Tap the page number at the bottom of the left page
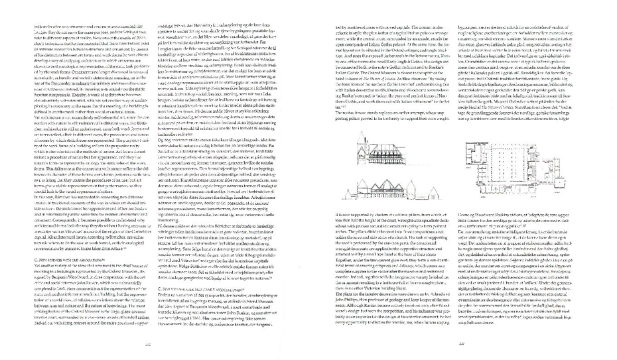coord(149,344)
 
